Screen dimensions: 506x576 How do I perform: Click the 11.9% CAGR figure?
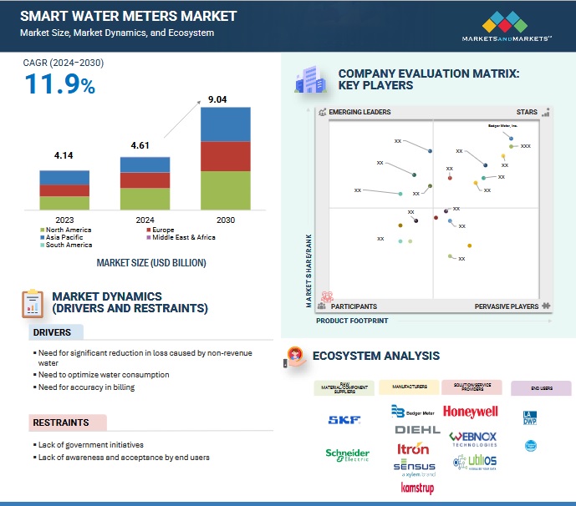click(59, 84)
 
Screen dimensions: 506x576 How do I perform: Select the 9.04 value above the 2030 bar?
click(217, 99)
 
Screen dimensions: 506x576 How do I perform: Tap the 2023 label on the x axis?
click(64, 220)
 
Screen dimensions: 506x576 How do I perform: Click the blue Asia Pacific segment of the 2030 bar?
click(225, 124)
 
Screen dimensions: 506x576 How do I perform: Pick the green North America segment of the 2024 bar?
click(145, 198)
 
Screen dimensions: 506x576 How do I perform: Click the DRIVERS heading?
click(52, 332)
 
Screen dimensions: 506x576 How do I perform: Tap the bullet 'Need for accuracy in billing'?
click(86, 387)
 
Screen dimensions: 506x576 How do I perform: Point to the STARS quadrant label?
click(527, 112)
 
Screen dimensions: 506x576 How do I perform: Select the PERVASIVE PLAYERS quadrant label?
click(507, 306)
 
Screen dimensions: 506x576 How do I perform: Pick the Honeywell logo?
click(471, 412)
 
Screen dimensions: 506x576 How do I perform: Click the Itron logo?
click(414, 448)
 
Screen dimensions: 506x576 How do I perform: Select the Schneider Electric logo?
click(347, 455)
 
